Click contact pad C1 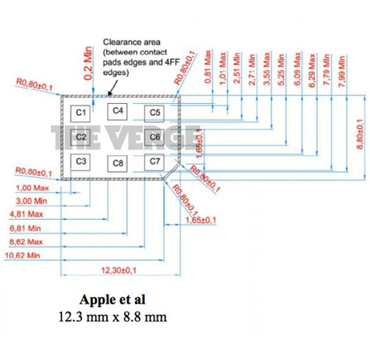[80, 114]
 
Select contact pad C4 [117, 111]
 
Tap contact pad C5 [154, 114]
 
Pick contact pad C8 [117, 163]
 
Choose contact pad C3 [80, 162]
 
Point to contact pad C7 [154, 162]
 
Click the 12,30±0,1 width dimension [119, 271]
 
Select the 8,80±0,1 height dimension [360, 134]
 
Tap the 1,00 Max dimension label [32, 188]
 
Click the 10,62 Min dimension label [23, 255]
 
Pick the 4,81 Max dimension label [27, 214]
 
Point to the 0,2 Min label [88, 64]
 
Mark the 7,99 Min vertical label [342, 72]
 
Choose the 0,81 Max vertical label [208, 67]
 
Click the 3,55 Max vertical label [266, 69]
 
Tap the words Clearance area [132, 42]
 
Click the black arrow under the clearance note [113, 87]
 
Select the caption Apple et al [113, 300]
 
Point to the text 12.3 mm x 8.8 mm [113, 317]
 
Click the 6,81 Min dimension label [25, 229]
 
